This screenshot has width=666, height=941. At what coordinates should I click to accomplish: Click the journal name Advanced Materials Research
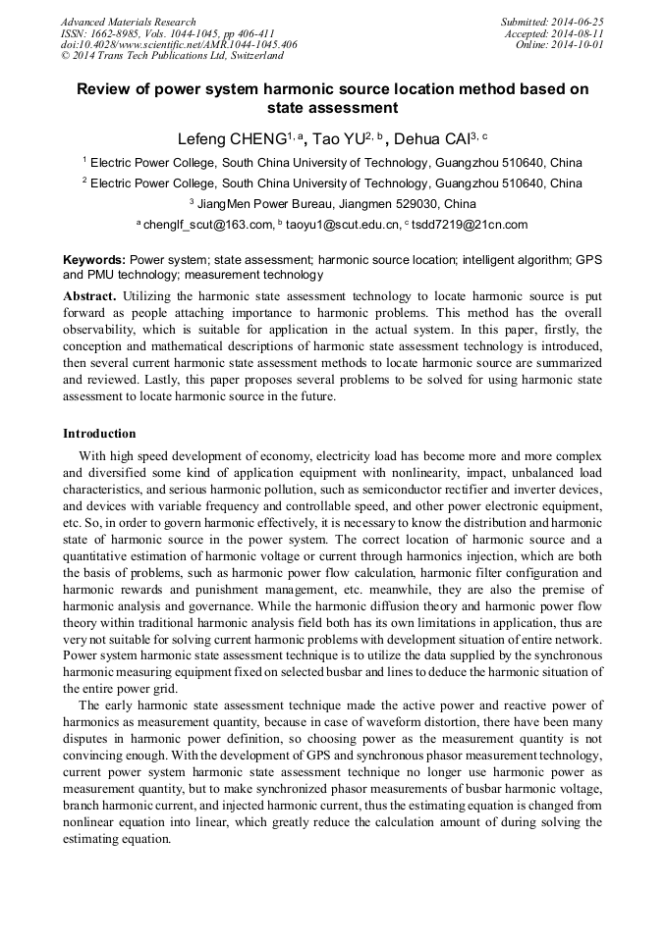128,22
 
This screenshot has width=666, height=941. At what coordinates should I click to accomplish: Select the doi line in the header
179,45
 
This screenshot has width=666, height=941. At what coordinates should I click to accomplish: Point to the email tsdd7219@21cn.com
470,225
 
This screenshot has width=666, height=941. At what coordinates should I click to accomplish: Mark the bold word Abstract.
89,295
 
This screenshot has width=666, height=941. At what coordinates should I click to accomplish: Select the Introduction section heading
99,433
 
